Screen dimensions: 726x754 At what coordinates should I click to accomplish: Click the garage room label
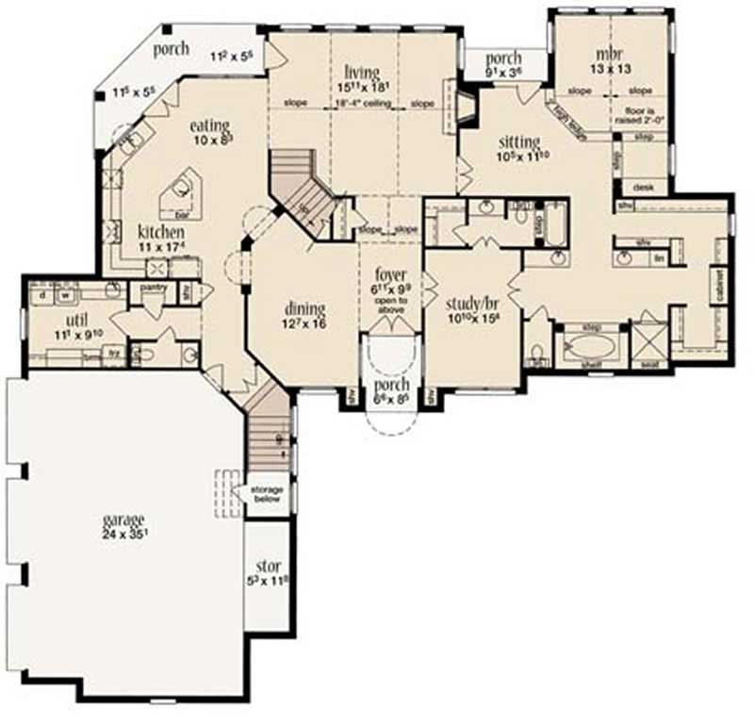pyautogui.click(x=123, y=520)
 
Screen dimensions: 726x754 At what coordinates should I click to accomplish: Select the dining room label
pyautogui.click(x=303, y=308)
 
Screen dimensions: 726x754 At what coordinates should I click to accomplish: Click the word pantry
pyautogui.click(x=153, y=286)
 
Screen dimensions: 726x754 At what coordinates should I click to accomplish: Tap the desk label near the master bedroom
pyautogui.click(x=644, y=188)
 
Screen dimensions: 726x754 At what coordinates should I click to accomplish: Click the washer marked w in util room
pyautogui.click(x=67, y=294)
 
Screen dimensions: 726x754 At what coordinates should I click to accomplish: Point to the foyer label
pyautogui.click(x=390, y=278)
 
